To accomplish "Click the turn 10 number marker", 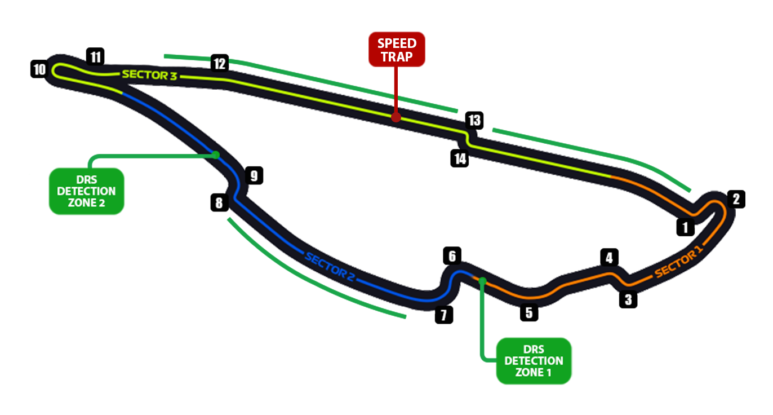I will point(39,70).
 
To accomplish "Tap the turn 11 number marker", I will point(96,56).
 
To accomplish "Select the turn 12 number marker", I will point(219,63).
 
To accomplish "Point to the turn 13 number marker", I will point(474,120).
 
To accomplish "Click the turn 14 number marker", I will point(460,158).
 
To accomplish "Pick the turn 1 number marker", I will point(685,228).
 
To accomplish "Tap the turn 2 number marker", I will point(736,199).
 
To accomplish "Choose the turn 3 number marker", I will point(628,299).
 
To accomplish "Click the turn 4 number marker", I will point(608,258).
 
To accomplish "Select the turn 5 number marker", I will point(528,312).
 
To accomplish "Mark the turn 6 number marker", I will point(452,255).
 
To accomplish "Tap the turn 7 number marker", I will point(444,315).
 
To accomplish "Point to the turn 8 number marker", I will point(219,202).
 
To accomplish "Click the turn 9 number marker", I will point(254,176).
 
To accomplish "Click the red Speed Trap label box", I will point(397,50).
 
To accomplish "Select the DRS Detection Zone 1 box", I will point(534,361).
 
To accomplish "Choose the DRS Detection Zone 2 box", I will point(86,191).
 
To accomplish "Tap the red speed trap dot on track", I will point(396,117).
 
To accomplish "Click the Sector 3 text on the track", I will point(149,75).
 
